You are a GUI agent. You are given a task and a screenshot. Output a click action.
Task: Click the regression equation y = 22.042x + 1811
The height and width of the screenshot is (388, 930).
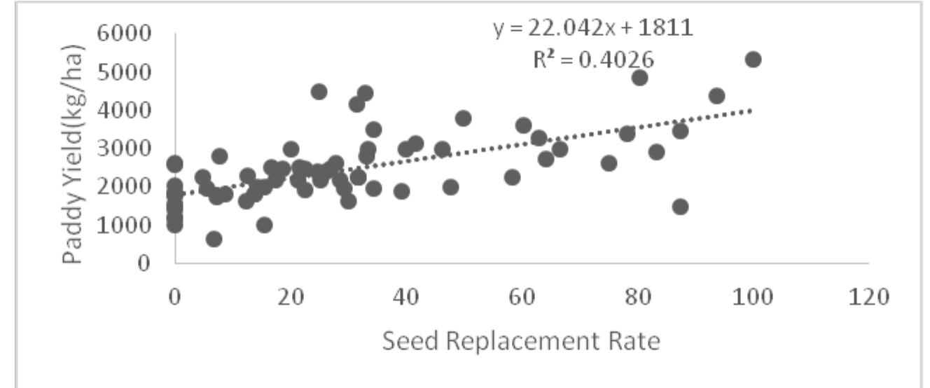pyautogui.click(x=593, y=30)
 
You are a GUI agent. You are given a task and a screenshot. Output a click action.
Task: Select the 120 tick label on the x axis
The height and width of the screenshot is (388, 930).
pyautogui.click(x=868, y=297)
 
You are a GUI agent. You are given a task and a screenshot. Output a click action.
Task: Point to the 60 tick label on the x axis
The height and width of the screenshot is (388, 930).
pyautogui.click(x=521, y=297)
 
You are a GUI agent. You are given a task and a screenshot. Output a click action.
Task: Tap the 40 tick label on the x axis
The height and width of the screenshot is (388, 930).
pyautogui.click(x=405, y=297)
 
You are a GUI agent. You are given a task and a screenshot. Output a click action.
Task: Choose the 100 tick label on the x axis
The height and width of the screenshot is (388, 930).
pyautogui.click(x=753, y=297)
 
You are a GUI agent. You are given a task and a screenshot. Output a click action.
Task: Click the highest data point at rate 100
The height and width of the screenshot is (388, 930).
pyautogui.click(x=753, y=60)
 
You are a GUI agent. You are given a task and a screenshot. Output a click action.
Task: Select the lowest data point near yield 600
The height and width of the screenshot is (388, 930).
pyautogui.click(x=214, y=239)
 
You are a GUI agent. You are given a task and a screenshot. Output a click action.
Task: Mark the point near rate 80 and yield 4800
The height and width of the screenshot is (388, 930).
pyautogui.click(x=639, y=77)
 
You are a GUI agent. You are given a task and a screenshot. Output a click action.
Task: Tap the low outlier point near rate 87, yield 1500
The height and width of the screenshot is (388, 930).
pyautogui.click(x=680, y=207)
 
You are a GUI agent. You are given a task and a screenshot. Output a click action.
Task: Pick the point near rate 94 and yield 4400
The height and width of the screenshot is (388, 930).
pyautogui.click(x=716, y=96)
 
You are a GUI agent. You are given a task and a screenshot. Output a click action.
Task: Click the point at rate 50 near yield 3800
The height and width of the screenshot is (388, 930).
pyautogui.click(x=463, y=118)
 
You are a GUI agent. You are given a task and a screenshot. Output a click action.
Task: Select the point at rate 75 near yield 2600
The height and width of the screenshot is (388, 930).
pyautogui.click(x=609, y=163)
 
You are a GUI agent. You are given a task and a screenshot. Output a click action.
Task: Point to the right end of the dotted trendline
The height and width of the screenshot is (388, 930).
pyautogui.click(x=752, y=110)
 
